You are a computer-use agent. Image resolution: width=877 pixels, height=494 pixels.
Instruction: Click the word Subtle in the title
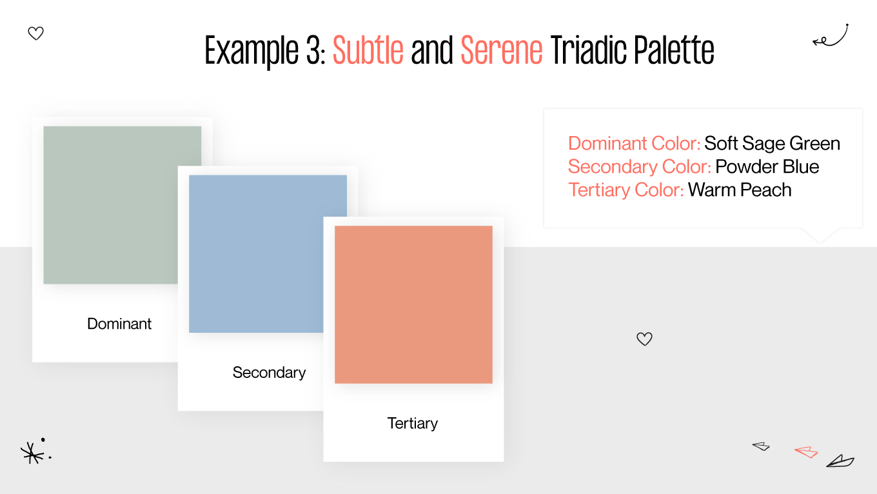pyautogui.click(x=368, y=50)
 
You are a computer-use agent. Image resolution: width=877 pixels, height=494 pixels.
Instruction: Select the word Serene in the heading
pyautogui.click(x=502, y=50)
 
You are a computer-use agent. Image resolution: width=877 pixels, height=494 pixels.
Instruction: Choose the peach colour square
pyautogui.click(x=413, y=304)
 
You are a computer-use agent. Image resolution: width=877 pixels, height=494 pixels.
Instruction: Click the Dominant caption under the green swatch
pyautogui.click(x=119, y=324)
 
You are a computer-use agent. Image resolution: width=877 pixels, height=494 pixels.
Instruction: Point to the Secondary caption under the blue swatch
pyautogui.click(x=269, y=373)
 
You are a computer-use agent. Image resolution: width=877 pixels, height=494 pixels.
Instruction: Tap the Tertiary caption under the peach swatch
pyautogui.click(x=413, y=424)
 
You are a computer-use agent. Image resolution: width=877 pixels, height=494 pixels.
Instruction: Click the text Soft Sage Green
pyautogui.click(x=772, y=143)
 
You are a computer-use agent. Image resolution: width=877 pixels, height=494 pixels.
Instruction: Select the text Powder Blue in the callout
pyautogui.click(x=767, y=166)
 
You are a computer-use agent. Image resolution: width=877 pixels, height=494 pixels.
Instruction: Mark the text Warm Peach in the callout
pyautogui.click(x=740, y=190)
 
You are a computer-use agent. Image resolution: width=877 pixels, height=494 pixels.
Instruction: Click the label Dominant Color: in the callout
pyautogui.click(x=634, y=143)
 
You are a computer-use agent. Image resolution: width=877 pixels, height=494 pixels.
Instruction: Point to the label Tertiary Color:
pyautogui.click(x=626, y=190)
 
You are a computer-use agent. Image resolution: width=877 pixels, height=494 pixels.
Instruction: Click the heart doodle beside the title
pyautogui.click(x=36, y=34)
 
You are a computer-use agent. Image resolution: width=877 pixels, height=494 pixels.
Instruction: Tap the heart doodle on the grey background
pyautogui.click(x=644, y=339)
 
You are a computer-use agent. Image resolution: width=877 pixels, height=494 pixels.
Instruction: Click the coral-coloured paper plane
pyautogui.click(x=806, y=451)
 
